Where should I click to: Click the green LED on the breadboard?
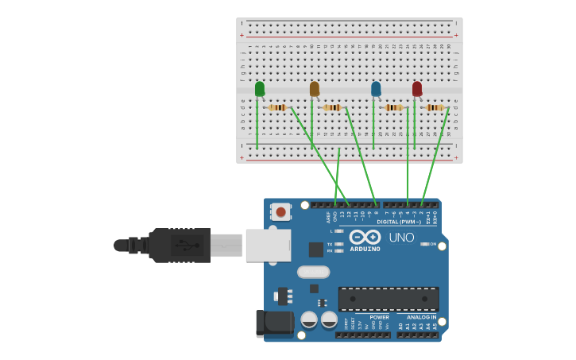tap(260, 89)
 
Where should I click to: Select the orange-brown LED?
tap(315, 89)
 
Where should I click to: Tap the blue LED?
tap(376, 89)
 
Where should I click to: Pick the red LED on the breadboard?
tap(417, 89)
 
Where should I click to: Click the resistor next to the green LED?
tap(277, 107)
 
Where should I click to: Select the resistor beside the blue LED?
tap(393, 107)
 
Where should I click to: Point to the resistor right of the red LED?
tap(435, 107)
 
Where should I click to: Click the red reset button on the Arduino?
tap(280, 211)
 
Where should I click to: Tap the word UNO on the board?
tap(401, 237)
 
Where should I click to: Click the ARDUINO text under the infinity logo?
tap(365, 249)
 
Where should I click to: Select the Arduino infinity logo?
tap(365, 237)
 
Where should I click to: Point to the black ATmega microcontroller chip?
tap(389, 299)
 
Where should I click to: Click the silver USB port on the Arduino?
tap(268, 245)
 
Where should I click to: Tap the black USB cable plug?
tap(181, 245)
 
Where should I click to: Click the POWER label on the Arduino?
tap(379, 317)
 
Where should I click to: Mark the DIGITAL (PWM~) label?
tap(399, 222)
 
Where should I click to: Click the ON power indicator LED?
tap(424, 244)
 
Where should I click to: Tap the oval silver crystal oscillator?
tap(313, 272)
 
